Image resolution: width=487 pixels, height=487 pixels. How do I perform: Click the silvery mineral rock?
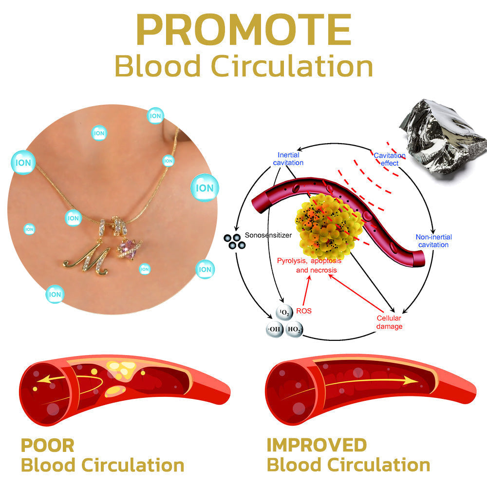443,134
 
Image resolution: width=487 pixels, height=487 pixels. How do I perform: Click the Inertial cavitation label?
288,159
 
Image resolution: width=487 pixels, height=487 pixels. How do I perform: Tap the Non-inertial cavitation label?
433,241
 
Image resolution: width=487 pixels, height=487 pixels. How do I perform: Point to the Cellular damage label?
389,322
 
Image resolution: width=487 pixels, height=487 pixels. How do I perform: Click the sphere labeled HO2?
295,330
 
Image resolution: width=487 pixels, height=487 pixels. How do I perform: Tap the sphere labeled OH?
274,330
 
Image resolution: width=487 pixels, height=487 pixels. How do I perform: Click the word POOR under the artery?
47,445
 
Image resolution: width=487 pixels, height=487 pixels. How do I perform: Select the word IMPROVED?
317,445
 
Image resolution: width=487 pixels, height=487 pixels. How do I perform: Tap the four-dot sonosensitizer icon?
232,240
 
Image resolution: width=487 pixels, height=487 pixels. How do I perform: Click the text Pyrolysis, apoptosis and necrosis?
309,265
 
